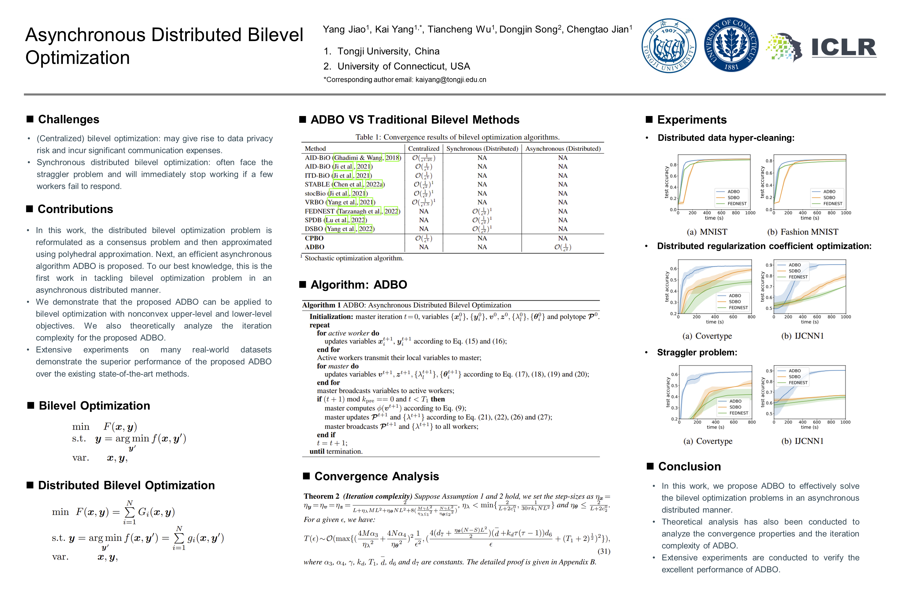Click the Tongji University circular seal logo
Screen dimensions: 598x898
click(x=669, y=46)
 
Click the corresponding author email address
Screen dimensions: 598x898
click(x=451, y=80)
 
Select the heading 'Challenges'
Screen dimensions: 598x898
click(x=68, y=119)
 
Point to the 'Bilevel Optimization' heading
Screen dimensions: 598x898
click(x=94, y=405)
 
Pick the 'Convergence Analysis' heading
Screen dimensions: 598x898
click(x=377, y=476)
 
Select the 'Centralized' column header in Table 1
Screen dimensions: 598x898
click(x=424, y=149)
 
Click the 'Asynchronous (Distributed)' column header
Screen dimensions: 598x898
click(x=563, y=149)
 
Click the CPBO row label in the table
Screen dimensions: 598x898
click(x=314, y=238)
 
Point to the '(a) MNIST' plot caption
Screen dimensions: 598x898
click(x=707, y=232)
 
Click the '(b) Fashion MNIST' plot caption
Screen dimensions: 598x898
click(x=803, y=232)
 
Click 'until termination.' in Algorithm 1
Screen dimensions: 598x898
click(x=336, y=451)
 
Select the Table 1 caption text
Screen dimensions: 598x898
click(x=457, y=137)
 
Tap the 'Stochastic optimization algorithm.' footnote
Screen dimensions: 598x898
click(x=354, y=258)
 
